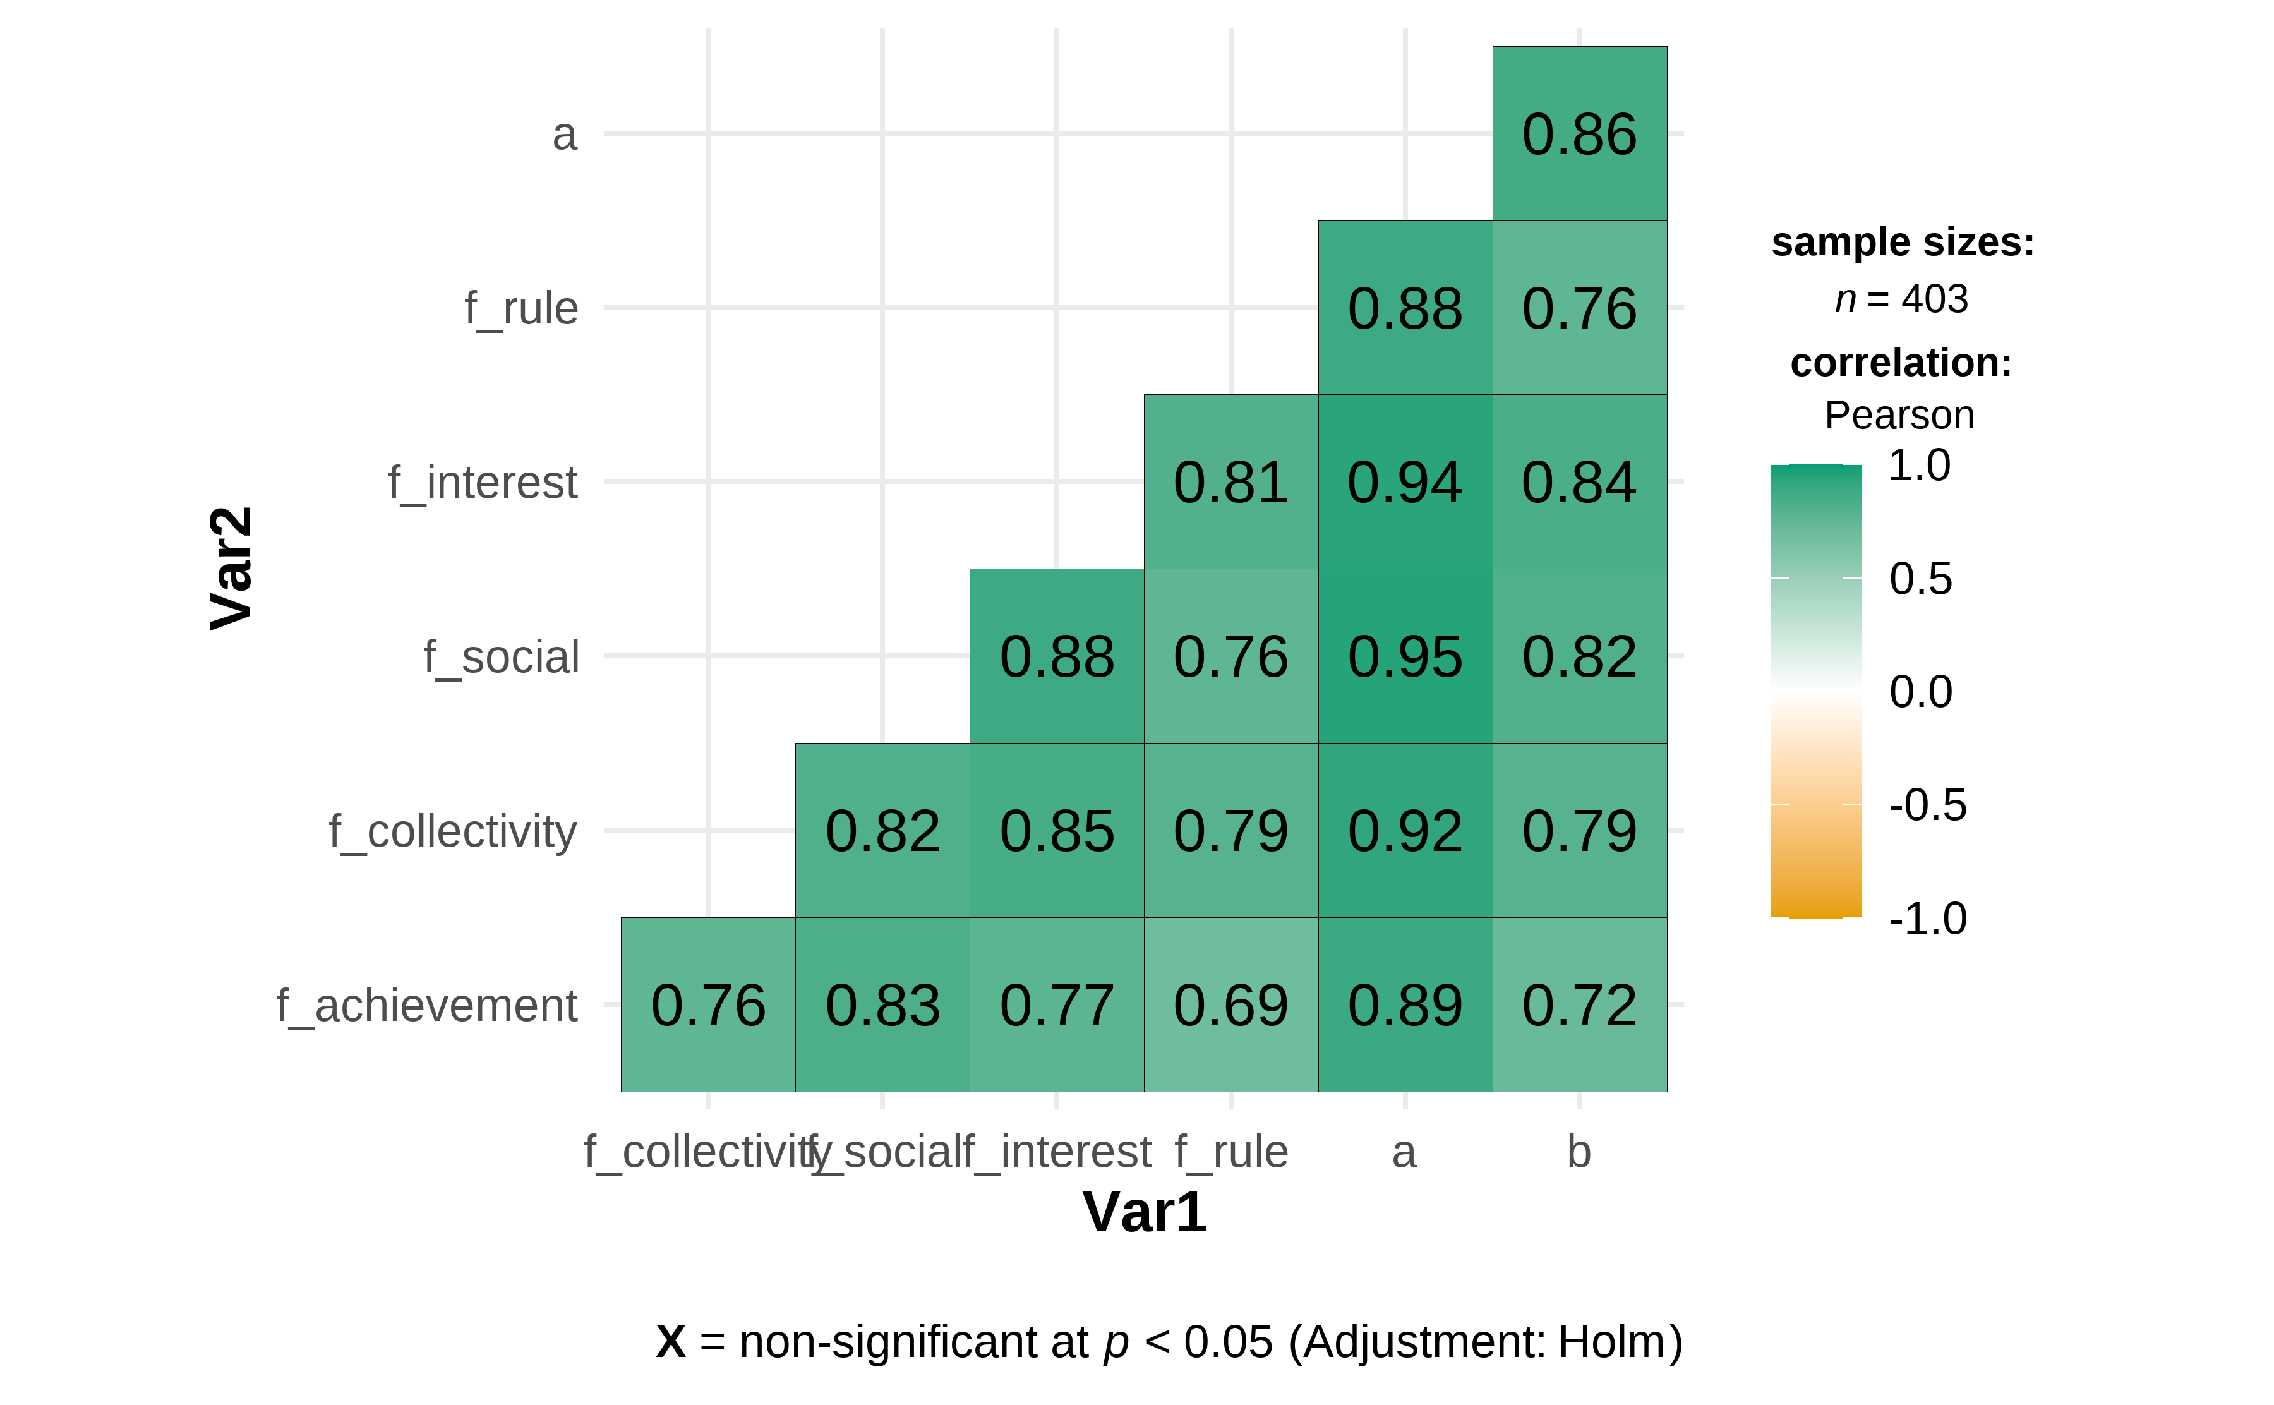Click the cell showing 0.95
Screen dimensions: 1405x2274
point(1405,656)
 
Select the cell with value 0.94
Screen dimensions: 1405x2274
point(1405,482)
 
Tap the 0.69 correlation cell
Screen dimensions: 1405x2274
point(1231,1004)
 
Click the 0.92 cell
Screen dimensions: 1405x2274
point(1405,830)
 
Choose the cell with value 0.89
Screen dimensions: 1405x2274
point(1405,1004)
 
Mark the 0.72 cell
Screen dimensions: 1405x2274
point(1579,1004)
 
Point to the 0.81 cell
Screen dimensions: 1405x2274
point(1231,482)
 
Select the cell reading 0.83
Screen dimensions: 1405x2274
point(882,1004)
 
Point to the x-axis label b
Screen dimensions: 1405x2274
point(1579,1152)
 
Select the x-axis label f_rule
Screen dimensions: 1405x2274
point(1231,1153)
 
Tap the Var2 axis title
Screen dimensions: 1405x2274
point(231,568)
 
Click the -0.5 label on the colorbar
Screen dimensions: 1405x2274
point(1927,805)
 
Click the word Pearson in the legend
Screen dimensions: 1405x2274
point(1899,415)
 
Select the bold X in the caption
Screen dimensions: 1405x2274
point(671,1342)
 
